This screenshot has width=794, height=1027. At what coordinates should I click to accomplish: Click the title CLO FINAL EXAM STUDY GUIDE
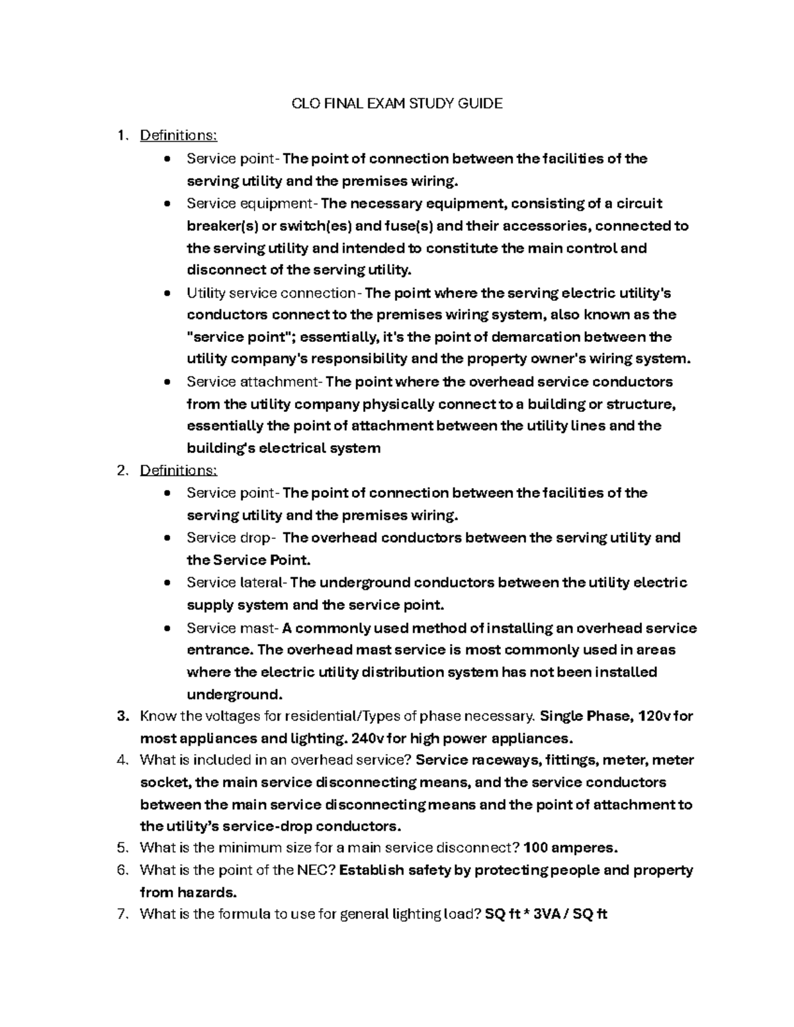pyautogui.click(x=397, y=103)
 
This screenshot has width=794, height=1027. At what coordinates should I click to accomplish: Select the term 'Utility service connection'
pyautogui.click(x=271, y=293)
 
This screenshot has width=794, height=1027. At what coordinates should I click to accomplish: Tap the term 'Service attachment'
pyautogui.click(x=253, y=382)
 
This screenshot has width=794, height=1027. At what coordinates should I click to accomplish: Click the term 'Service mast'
pyautogui.click(x=232, y=628)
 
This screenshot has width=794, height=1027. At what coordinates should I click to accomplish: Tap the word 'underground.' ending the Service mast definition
pyautogui.click(x=235, y=695)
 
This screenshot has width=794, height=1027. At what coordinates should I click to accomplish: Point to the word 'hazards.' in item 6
pyautogui.click(x=207, y=893)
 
